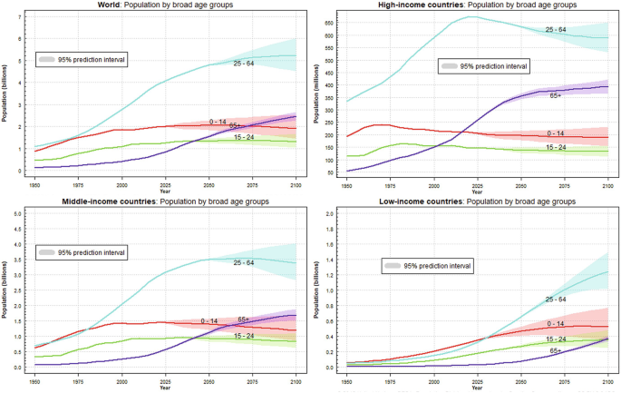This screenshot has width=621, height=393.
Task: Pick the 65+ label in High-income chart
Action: click(x=555, y=94)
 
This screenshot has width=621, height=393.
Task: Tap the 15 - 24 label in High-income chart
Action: click(x=557, y=147)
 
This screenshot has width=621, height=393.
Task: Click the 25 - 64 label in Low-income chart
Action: click(x=556, y=299)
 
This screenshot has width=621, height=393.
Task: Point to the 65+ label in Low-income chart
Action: click(x=555, y=349)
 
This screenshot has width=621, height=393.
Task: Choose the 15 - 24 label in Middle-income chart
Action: click(x=244, y=336)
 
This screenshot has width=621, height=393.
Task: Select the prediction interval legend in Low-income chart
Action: click(x=426, y=265)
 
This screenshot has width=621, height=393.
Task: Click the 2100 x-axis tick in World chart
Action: click(x=295, y=180)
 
